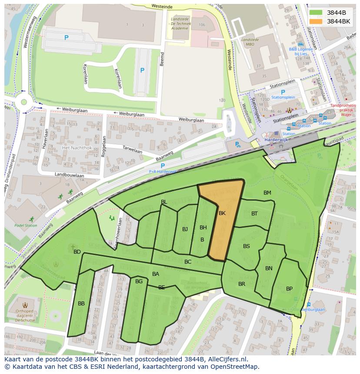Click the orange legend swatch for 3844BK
pos(316,21)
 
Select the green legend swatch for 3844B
pos(316,13)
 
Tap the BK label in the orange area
pos(222,213)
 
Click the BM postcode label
pos(267,192)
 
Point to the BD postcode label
pos(77,252)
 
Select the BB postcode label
pos(81,304)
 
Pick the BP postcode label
pos(289,289)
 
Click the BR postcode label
pos(242,284)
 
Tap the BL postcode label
pos(164,202)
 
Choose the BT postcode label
pos(254,213)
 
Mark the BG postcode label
pos(139,281)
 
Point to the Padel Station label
pos(26,225)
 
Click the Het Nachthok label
pos(77,148)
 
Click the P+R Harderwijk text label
pos(163,172)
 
